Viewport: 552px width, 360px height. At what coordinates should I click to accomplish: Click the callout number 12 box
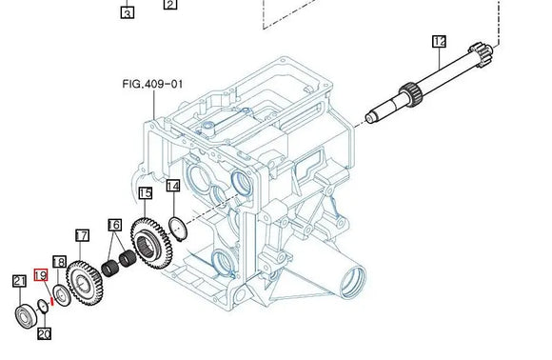click(439, 41)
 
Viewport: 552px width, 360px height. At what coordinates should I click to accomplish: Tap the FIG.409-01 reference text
click(151, 84)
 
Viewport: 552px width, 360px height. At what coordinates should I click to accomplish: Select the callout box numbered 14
click(172, 187)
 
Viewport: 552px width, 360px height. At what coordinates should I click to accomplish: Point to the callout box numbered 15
click(145, 193)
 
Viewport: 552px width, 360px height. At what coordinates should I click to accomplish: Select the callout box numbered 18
click(59, 261)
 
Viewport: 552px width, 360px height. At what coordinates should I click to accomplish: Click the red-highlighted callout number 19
click(40, 275)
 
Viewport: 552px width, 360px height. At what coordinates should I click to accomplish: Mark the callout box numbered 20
click(44, 334)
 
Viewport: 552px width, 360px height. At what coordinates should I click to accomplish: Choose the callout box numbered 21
click(18, 280)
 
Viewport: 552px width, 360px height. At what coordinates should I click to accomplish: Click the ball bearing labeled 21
click(23, 313)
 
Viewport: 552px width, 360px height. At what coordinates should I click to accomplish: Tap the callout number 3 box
click(128, 12)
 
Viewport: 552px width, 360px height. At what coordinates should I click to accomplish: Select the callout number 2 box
click(169, 4)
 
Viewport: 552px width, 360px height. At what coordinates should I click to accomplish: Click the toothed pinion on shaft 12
click(410, 92)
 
